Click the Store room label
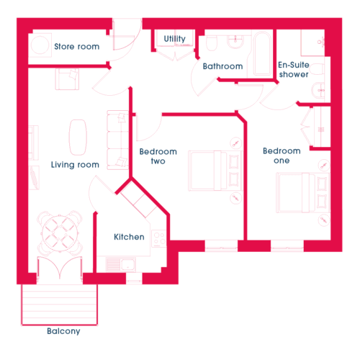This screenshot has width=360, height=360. [x=77, y=46]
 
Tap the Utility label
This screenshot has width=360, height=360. [x=174, y=39]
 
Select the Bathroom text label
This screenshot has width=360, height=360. [x=222, y=66]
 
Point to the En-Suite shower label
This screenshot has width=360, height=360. [x=294, y=70]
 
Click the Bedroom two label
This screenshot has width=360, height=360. [x=158, y=156]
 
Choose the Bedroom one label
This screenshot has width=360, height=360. [x=282, y=156]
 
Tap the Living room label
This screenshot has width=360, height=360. [x=75, y=165]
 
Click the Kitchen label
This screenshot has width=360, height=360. [x=129, y=237]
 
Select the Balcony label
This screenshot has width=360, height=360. [x=63, y=331]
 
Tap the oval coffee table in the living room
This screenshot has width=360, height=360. [x=78, y=138]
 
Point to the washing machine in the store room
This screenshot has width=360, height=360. [x=40, y=45]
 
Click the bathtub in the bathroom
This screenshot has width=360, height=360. [x=262, y=53]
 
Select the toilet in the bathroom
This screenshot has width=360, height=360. [x=212, y=42]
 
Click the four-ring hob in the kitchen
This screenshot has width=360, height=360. [x=159, y=238]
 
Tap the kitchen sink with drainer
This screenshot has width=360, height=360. [x=121, y=264]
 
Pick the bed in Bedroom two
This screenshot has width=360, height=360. [x=215, y=171]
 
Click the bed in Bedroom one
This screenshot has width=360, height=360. [x=303, y=193]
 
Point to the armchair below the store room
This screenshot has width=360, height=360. [x=67, y=79]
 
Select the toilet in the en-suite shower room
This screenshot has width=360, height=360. [x=316, y=69]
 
